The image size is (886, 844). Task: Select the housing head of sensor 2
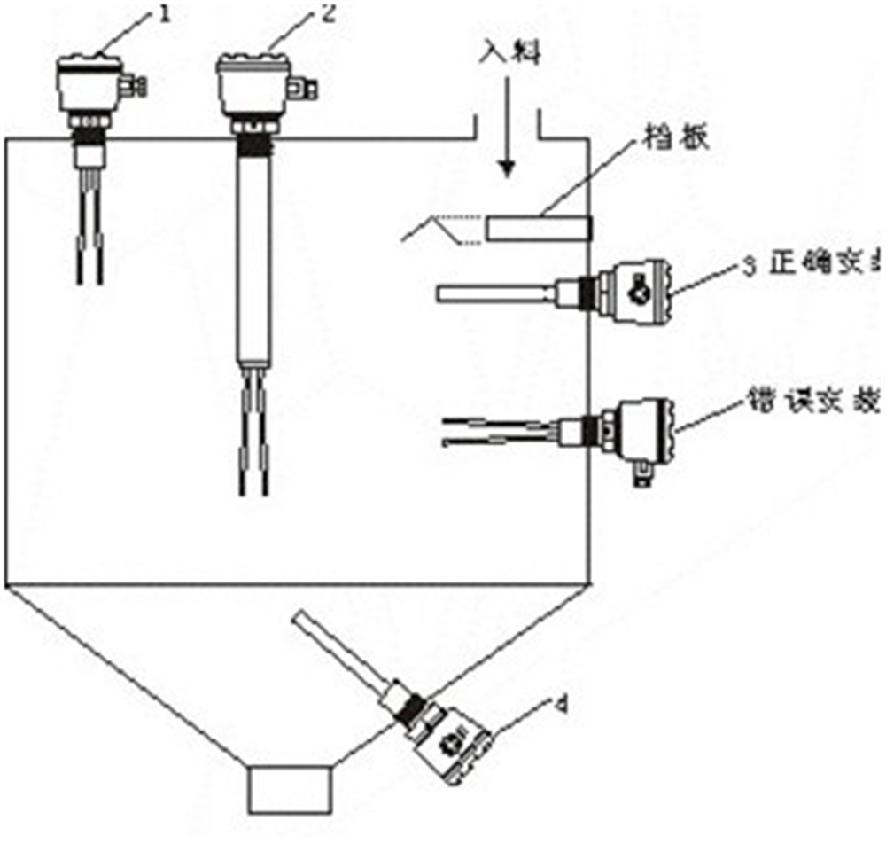(253, 87)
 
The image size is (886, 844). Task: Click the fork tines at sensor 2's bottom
(253, 443)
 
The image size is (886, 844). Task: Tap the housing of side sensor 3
(634, 287)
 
